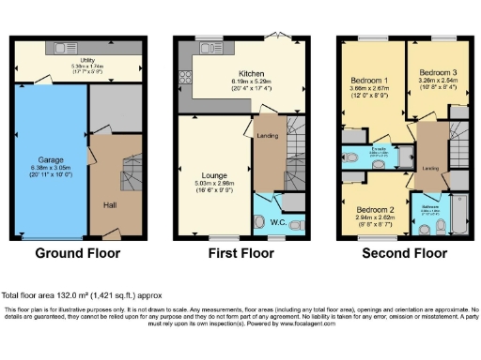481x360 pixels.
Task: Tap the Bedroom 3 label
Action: point(438,72)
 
